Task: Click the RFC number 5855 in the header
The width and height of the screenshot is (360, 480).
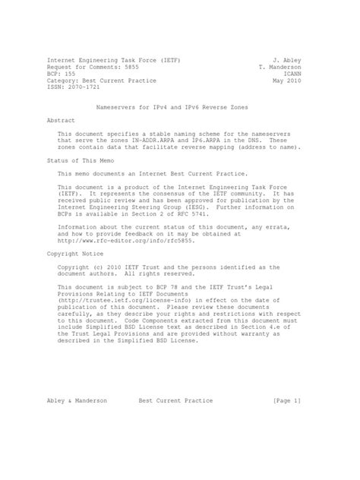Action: [126, 65]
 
